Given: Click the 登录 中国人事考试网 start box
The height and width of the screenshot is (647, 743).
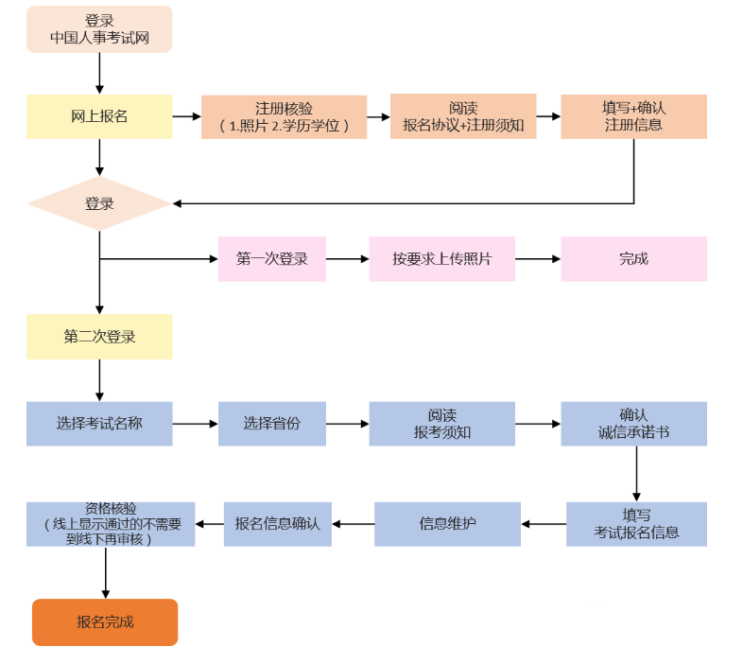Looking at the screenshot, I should click(99, 29).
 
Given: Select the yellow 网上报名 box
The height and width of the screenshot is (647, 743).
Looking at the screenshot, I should click(99, 116).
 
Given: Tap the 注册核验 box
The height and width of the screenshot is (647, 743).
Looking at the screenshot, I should click(284, 116).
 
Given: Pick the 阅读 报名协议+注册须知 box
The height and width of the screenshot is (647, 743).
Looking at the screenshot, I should click(463, 116).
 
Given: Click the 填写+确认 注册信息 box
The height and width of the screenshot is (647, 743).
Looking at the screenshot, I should click(633, 116).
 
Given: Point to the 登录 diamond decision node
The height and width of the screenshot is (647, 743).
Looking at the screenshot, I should click(99, 203).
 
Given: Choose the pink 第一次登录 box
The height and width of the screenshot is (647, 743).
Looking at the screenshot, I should click(272, 258).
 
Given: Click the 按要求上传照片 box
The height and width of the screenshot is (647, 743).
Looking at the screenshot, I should click(442, 258).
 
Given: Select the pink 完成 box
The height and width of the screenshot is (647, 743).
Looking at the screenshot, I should click(633, 258).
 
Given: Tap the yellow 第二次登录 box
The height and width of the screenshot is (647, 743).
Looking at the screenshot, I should click(99, 336).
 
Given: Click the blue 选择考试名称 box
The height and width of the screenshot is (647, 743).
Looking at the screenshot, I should click(99, 424).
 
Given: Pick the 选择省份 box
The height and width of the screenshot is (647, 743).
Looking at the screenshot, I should click(272, 424).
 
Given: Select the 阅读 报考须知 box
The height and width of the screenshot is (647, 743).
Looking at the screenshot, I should click(442, 424).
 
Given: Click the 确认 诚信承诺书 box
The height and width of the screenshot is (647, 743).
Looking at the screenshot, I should click(633, 424).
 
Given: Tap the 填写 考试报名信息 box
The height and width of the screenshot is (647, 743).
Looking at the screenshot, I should click(636, 523).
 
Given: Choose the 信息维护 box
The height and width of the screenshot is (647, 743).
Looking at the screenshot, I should click(447, 523).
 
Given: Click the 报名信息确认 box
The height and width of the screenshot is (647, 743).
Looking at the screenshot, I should click(277, 523).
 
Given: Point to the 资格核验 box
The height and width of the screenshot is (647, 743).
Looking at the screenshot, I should click(111, 523).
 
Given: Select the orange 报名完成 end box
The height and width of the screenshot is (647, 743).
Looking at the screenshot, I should click(105, 621).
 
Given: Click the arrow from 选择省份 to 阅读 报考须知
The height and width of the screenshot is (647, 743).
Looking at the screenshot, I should click(347, 424).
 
